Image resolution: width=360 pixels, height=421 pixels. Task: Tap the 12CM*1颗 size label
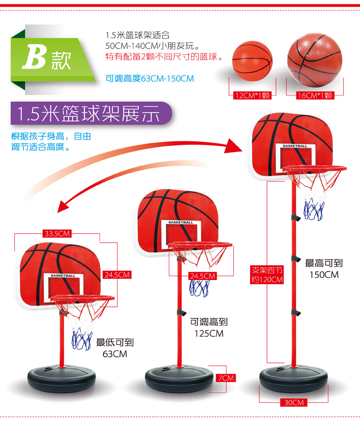click(x=253, y=95)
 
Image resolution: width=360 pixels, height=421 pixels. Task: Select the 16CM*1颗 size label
click(x=314, y=95)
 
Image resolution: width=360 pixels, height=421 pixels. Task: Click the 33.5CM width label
click(x=57, y=234)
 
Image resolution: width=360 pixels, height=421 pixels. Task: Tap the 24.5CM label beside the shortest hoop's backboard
click(x=118, y=275)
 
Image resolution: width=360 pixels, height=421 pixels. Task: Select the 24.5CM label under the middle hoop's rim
click(x=203, y=276)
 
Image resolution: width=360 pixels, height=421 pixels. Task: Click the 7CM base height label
click(x=225, y=378)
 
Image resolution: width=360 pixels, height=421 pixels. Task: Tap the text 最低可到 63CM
click(x=115, y=348)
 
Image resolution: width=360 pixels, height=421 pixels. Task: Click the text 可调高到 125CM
click(x=209, y=328)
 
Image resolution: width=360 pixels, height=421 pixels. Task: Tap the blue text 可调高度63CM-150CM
click(x=150, y=78)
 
